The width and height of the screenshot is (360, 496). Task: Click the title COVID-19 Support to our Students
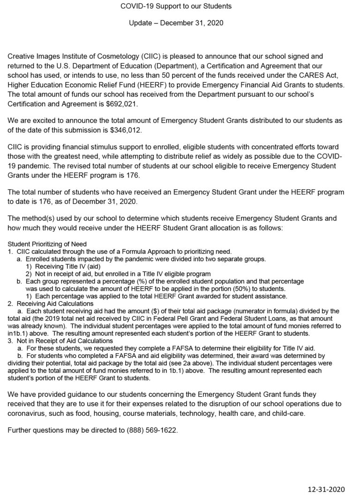pos(180,7)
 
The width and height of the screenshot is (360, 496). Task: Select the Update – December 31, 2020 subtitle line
pos(180,22)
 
